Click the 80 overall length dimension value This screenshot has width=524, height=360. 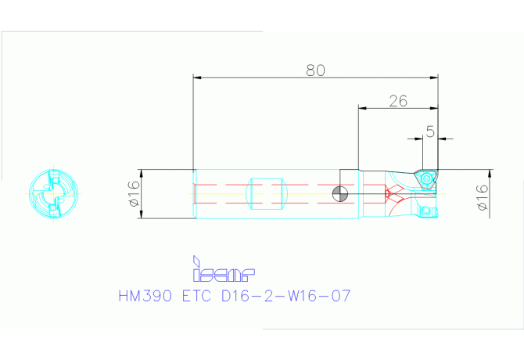(x=315, y=70)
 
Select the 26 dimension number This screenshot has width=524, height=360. (x=398, y=101)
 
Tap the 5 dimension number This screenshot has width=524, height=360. (x=430, y=131)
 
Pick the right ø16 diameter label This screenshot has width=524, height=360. (x=483, y=197)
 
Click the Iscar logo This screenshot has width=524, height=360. (x=223, y=268)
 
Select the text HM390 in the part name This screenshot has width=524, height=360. (x=145, y=296)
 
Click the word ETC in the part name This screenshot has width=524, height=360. (x=197, y=296)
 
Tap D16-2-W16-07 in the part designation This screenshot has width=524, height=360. (x=286, y=296)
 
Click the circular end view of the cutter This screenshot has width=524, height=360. (x=53, y=194)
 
